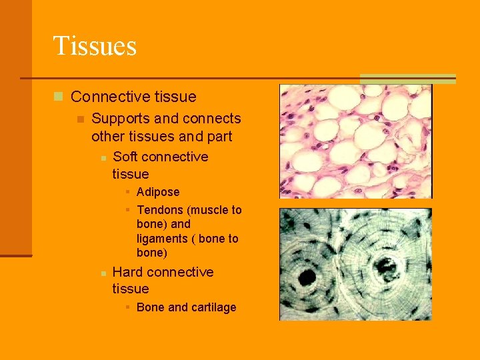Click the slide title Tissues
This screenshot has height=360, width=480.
tap(95, 46)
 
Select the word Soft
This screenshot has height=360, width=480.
tap(125, 157)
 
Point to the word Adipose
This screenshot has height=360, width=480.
tap(158, 192)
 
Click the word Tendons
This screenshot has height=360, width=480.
tap(160, 210)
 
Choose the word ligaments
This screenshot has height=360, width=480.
tap(162, 239)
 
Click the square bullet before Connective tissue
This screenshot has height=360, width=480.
tap(59, 97)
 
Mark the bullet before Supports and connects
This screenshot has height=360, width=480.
tap(80, 119)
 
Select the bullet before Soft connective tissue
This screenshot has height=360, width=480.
tap(103, 157)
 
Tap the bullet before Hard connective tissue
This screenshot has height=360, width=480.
tap(103, 273)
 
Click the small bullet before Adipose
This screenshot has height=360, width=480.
tap(127, 193)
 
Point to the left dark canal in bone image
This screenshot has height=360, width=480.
tap(307, 277)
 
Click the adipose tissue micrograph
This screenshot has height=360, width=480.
tap(355, 141)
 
